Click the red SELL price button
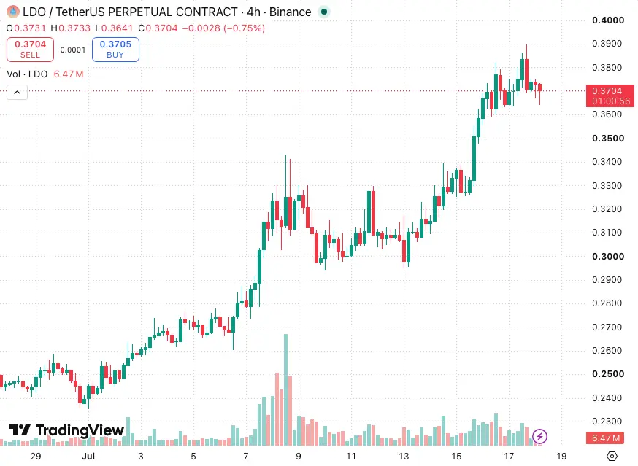tap(30, 50)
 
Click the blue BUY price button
tap(115, 50)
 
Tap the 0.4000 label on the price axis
tap(608, 20)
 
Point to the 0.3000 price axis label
tap(608, 257)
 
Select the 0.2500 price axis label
tap(608, 374)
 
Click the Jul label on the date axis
tap(88, 457)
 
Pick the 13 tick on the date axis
tap(404, 457)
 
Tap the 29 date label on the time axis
tap(36, 457)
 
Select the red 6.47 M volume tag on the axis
tap(606, 438)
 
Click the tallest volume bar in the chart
tap(285, 389)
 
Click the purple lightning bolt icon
tap(539, 437)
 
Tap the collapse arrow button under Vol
tap(17, 93)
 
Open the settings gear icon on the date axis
tap(612, 456)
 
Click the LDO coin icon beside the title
tap(13, 12)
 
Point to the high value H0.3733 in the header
tap(70, 28)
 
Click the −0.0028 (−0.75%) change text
tap(223, 28)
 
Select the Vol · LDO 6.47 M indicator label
tap(45, 74)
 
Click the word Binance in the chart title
tap(290, 12)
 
